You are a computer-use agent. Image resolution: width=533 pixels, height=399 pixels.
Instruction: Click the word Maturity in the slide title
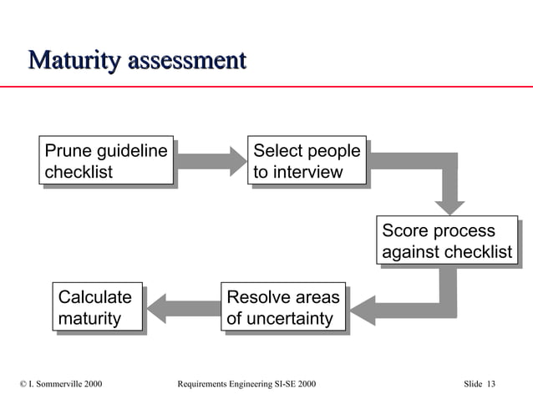coord(74,61)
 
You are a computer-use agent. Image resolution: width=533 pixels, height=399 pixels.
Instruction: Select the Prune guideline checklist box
coord(107,159)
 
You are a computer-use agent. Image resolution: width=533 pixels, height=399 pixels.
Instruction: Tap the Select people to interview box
coord(307,159)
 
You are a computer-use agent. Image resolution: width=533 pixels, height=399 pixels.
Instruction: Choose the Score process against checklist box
coord(446,241)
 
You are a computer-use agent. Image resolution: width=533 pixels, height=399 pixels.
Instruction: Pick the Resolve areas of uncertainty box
coord(283,306)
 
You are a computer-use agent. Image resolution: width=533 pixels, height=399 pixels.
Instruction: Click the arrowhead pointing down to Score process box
coord(448,203)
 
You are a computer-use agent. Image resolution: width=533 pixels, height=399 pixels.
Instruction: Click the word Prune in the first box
coord(69,151)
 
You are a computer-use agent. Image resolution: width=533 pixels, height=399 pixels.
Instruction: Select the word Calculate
coord(94,297)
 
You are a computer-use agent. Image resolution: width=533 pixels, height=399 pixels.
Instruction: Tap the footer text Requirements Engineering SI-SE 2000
coord(247,383)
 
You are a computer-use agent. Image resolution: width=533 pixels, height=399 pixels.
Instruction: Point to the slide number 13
coord(490,383)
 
